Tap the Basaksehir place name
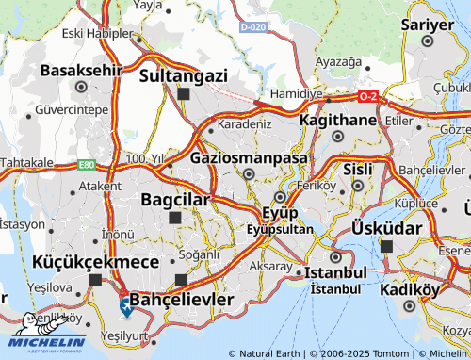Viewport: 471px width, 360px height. tap(81, 69)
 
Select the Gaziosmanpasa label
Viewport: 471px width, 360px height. tap(249, 157)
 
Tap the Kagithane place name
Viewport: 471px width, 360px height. tap(336, 121)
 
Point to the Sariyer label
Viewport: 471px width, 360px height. tap(429, 23)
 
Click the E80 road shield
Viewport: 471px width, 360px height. tap(87, 165)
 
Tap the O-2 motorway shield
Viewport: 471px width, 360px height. tap(368, 95)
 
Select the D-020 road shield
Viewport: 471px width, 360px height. tap(252, 27)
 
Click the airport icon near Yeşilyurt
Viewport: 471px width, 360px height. tap(125, 305)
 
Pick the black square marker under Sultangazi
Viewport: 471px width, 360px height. tap(183, 93)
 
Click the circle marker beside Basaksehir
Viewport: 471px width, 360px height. tap(81, 87)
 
